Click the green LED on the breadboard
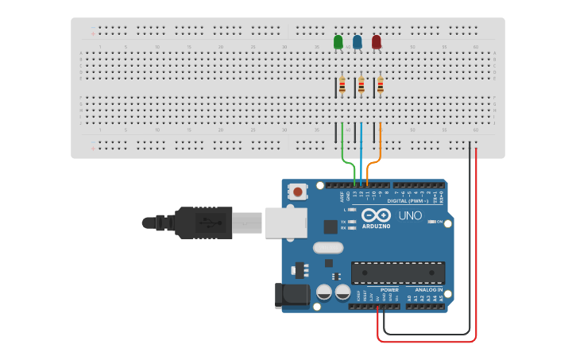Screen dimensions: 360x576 point(338,41)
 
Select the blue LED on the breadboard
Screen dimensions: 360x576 point(358,41)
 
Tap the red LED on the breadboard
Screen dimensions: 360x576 point(377,41)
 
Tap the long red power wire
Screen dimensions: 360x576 point(475,254)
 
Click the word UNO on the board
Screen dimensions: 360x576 point(410,215)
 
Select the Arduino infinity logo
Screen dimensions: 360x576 point(375,215)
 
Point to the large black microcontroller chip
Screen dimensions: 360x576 point(398,273)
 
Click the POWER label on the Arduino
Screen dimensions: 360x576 point(389,290)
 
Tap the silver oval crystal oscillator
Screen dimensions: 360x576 point(328,247)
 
